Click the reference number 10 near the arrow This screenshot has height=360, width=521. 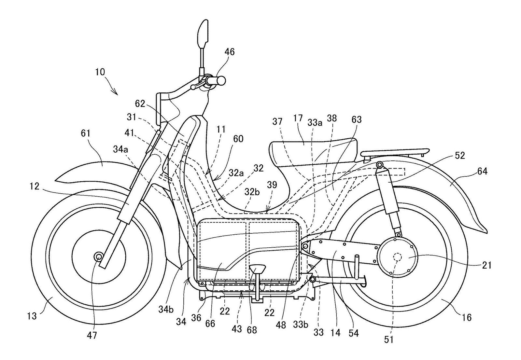[100, 72]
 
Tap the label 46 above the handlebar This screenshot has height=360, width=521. [229, 52]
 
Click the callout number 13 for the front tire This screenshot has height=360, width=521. [32, 315]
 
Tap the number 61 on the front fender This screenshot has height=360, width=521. [86, 133]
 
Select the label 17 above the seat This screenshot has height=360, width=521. [298, 118]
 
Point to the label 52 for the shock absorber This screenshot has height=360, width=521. [460, 156]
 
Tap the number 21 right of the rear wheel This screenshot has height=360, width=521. [486, 266]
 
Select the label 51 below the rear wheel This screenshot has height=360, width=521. [389, 339]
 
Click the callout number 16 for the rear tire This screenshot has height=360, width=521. [467, 317]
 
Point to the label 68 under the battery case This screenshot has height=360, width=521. [252, 330]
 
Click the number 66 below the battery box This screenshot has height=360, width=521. [210, 324]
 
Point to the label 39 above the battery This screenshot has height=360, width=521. [272, 185]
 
